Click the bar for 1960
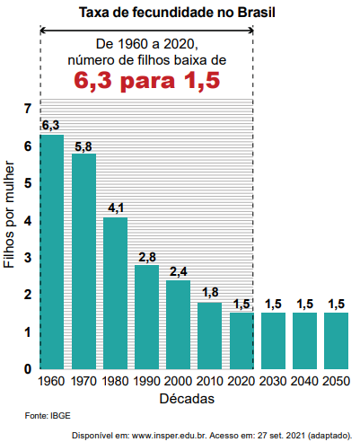tap(52, 252)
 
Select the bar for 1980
tap(115, 293)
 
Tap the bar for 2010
tap(209, 336)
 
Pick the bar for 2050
tap(336, 340)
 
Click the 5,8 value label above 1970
tap(83, 146)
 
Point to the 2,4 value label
tap(179, 271)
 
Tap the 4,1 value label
tap(116, 208)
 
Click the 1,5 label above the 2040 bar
tap(304, 305)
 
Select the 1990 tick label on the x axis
tap(146, 381)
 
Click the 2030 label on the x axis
tap(273, 381)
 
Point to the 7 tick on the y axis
tap(28, 109)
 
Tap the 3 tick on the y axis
tap(28, 257)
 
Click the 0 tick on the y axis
tap(28, 369)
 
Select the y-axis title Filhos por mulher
tap(9, 215)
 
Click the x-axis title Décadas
tap(187, 399)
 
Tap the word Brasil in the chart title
tap(256, 13)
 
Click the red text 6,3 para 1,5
tap(147, 80)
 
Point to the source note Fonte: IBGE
tap(48, 416)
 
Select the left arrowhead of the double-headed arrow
tap(43, 30)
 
